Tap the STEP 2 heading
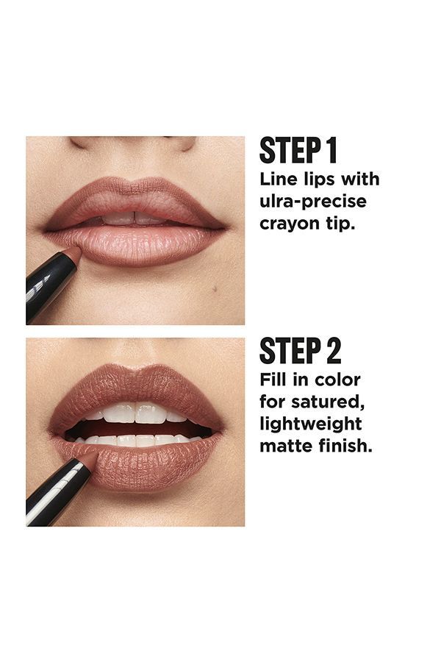point(300,351)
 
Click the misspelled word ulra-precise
point(312,202)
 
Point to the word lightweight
point(310,425)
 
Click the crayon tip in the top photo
point(73,254)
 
